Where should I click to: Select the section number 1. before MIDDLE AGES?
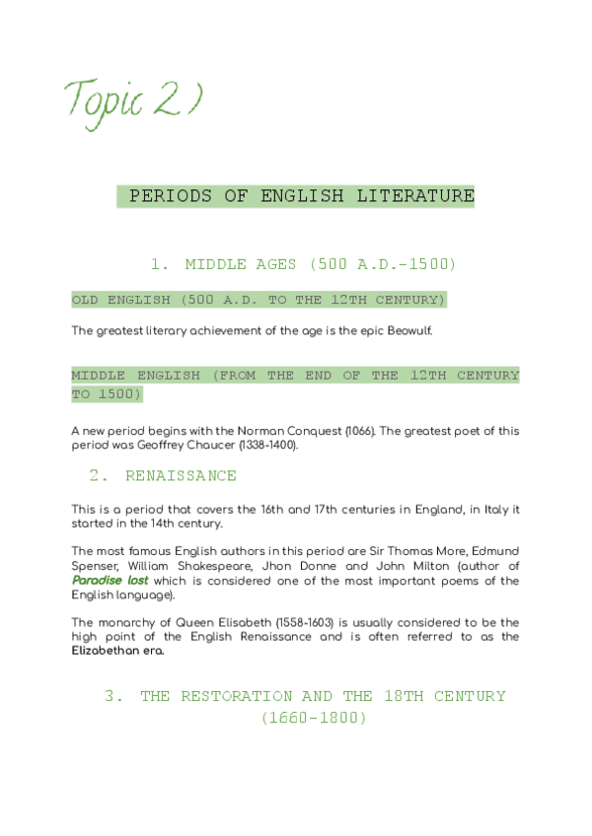161,264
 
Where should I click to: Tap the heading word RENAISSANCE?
181,476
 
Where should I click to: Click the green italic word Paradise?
97,582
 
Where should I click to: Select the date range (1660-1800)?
314,720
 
